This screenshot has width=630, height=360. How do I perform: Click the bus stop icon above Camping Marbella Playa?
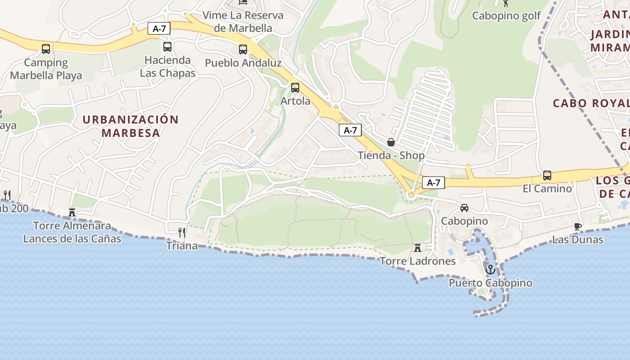(x=45, y=49)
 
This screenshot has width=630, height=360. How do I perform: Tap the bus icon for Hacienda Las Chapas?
(x=167, y=46)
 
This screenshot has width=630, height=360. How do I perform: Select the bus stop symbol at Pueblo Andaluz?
(x=243, y=49)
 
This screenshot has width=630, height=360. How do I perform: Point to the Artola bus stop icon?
(x=295, y=88)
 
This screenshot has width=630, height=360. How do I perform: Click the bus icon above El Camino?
(x=547, y=175)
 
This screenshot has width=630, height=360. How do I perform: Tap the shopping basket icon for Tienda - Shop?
(x=391, y=142)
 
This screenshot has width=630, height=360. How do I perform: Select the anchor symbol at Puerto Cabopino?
(x=490, y=269)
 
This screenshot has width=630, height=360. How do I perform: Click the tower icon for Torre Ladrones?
(x=418, y=247)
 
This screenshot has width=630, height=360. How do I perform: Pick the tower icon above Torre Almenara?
(x=72, y=212)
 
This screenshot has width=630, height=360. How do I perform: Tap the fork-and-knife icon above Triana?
(x=182, y=232)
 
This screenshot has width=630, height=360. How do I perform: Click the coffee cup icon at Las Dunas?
(x=578, y=226)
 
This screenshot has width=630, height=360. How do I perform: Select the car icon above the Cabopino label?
(x=464, y=207)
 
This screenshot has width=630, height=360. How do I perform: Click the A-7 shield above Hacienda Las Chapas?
(x=159, y=29)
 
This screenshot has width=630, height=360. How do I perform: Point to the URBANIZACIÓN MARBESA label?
(x=130, y=126)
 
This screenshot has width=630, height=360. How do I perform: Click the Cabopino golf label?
(x=506, y=16)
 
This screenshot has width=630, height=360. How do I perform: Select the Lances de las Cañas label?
(x=72, y=238)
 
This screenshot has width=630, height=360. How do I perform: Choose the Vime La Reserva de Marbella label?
(x=243, y=22)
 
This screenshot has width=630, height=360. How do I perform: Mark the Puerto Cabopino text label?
(x=490, y=283)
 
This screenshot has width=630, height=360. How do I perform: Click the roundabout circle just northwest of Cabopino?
(x=410, y=195)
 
